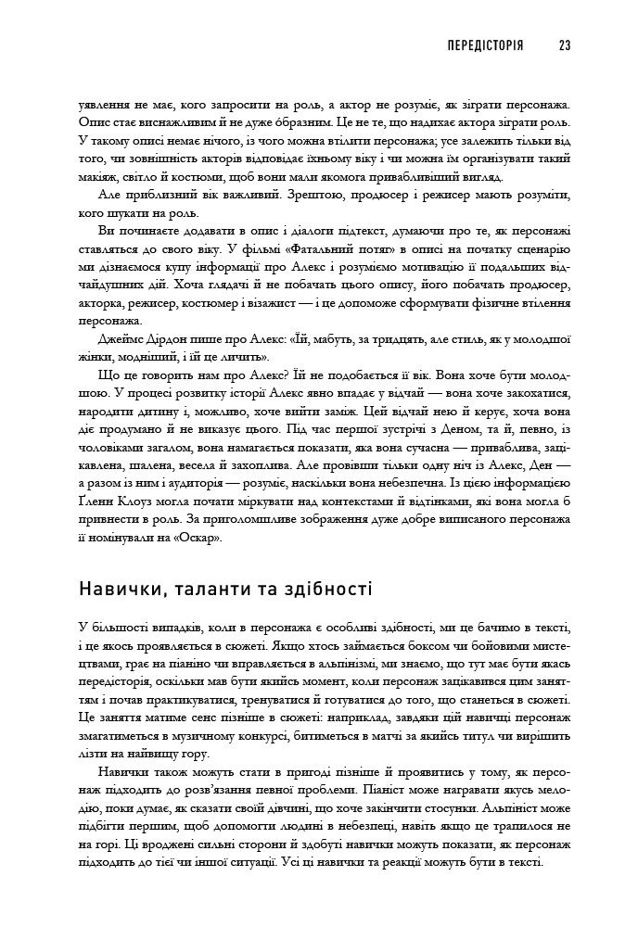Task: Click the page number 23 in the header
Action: click(565, 44)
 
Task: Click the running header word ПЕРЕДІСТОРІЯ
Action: click(485, 44)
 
